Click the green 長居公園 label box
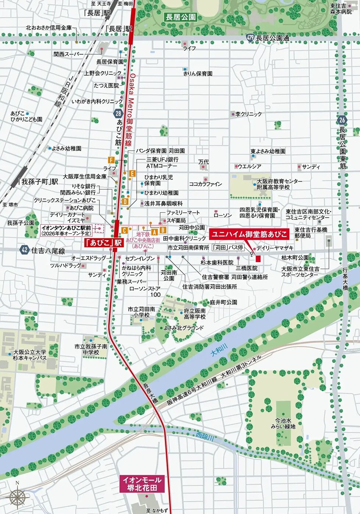pyautogui.click(x=181, y=17)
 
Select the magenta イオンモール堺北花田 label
pyautogui.click(x=142, y=484)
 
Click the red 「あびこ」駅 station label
pyautogui.click(x=103, y=243)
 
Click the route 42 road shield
pyautogui.click(x=25, y=250)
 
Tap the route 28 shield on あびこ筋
pyautogui.click(x=118, y=114)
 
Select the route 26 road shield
pyautogui.click(x=342, y=120)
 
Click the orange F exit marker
pyautogui.click(x=111, y=160)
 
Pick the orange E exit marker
pyautogui.click(x=132, y=174)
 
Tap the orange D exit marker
pyautogui.click(x=125, y=201)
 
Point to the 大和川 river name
pyautogui.click(x=219, y=350)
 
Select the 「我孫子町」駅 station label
pyautogui.click(x=38, y=182)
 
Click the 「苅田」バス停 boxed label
pyautogui.click(x=228, y=247)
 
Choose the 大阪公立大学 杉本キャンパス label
pyautogui.click(x=30, y=355)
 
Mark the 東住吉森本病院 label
pyautogui.click(x=341, y=9)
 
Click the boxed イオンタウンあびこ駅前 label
pyautogui.click(x=66, y=231)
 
